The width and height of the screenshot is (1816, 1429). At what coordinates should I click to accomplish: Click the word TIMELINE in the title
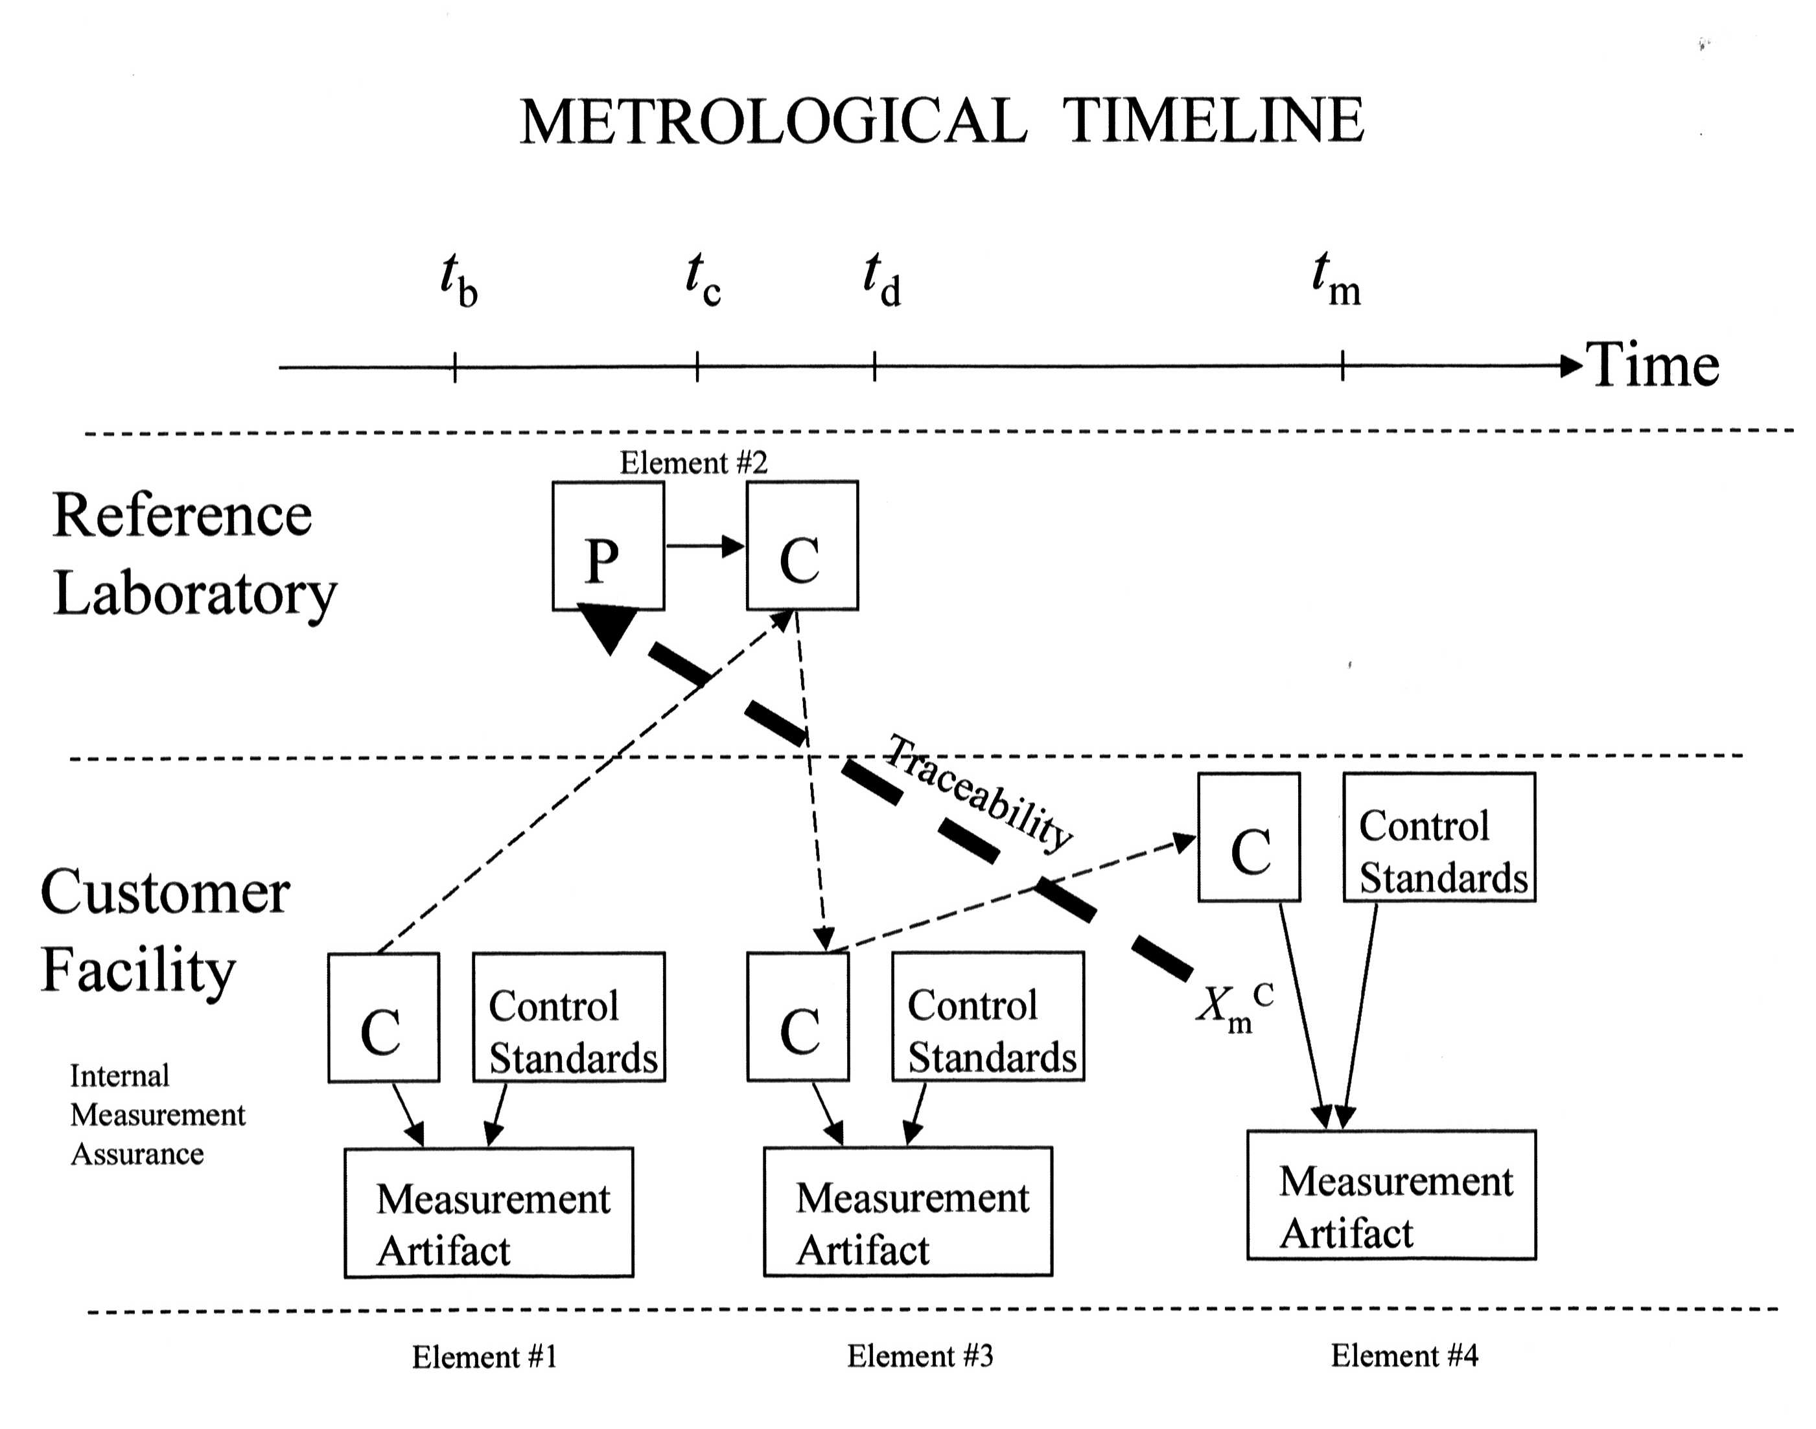1213,121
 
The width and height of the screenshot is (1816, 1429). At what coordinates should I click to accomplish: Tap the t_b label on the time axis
459,281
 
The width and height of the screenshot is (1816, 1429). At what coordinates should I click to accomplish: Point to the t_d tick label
882,281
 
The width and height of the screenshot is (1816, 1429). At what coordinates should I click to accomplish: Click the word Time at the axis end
1652,365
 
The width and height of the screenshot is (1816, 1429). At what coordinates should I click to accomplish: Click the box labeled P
607,545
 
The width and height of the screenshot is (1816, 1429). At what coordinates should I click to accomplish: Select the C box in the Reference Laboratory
802,545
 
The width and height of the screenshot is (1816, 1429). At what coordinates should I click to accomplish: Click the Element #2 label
693,463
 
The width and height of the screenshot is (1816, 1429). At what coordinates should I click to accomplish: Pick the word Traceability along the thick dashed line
979,791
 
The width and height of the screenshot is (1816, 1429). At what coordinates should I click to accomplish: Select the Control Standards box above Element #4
1439,837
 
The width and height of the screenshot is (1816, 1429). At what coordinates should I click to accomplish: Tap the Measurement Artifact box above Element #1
489,1212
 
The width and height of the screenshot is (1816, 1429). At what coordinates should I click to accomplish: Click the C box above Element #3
798,1016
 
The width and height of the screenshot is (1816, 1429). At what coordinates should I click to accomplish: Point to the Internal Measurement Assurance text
156,1114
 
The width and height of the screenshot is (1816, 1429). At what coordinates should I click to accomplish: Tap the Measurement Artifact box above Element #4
1391,1195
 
